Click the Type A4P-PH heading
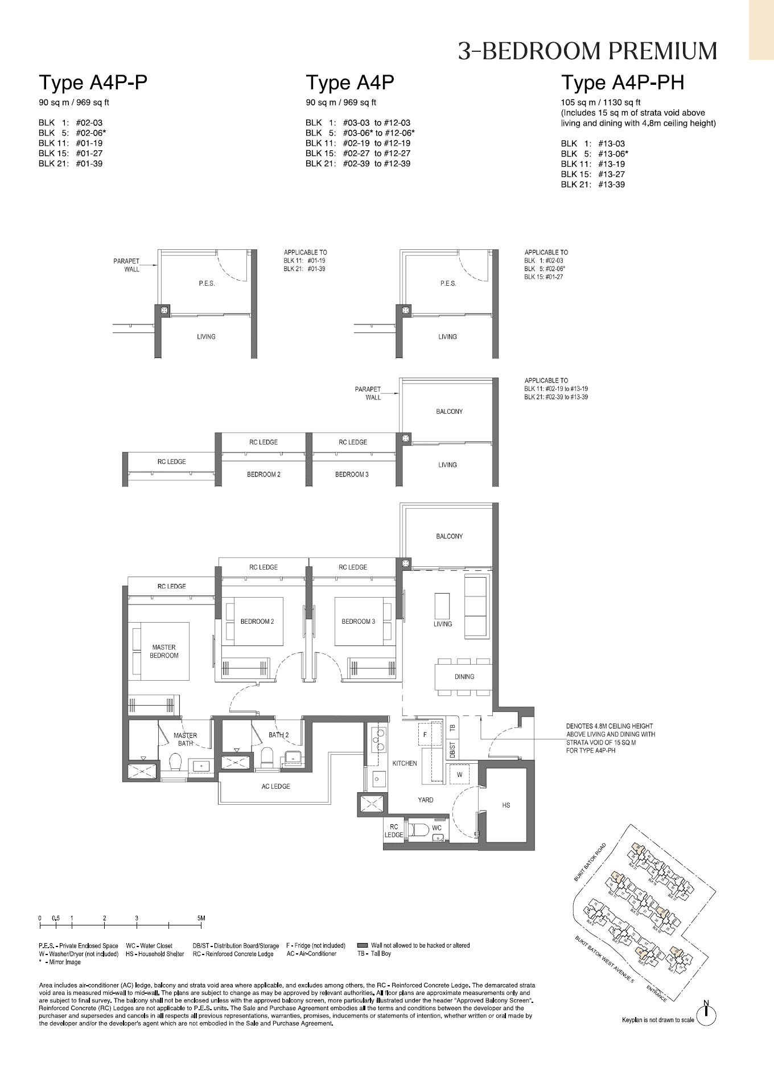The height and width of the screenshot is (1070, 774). [x=623, y=83]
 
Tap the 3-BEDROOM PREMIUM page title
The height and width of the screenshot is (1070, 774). [x=587, y=51]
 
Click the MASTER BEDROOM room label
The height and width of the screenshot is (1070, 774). [x=164, y=651]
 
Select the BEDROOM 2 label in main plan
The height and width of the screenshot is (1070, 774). [x=257, y=621]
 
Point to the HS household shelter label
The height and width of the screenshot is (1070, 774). [x=506, y=805]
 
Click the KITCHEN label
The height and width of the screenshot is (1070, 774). [x=405, y=763]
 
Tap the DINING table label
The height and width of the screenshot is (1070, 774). [x=464, y=677]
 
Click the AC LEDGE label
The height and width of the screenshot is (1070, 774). [x=275, y=786]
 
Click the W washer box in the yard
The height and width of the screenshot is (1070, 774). [x=459, y=775]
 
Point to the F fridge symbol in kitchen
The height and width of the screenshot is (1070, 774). [x=424, y=735]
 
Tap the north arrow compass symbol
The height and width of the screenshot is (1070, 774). [x=706, y=1011]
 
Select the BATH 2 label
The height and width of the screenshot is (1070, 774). [x=278, y=735]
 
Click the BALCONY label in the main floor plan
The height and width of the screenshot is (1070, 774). [x=449, y=536]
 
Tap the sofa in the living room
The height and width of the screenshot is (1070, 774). [x=476, y=607]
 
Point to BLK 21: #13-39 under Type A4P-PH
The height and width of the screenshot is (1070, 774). [x=592, y=184]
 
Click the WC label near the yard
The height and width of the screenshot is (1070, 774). [x=437, y=828]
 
